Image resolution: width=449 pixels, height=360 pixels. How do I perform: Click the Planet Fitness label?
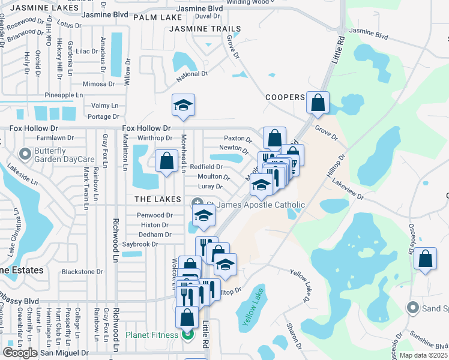(151, 335)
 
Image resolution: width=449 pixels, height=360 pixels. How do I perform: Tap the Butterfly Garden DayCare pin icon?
(25, 155)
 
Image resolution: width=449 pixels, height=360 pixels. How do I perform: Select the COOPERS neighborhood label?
(285, 97)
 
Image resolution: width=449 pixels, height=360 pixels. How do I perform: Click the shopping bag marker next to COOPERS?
(318, 103)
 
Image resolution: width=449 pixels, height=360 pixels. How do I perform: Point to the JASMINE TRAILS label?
(205, 29)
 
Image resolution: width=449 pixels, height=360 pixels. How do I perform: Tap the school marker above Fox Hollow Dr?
(182, 106)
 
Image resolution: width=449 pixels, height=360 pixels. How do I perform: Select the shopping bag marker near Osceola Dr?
(425, 259)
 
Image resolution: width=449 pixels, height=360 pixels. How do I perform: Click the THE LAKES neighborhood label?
(158, 199)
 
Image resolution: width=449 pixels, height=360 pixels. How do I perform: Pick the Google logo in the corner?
(20, 353)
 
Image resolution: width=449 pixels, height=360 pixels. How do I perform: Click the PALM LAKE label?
(153, 17)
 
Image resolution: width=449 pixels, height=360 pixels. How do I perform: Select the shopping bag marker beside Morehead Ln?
(166, 161)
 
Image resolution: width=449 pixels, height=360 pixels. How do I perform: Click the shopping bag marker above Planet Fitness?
(187, 317)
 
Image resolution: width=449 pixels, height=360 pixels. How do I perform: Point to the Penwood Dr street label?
(155, 215)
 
